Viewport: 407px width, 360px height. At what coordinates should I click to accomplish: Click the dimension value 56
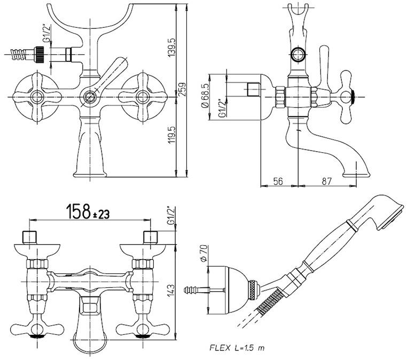tap(277, 181)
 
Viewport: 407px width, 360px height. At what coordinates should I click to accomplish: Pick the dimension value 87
tap(327, 181)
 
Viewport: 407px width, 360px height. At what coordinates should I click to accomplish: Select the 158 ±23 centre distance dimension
tap(88, 213)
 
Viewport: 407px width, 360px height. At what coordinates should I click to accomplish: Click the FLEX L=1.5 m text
tap(236, 348)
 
